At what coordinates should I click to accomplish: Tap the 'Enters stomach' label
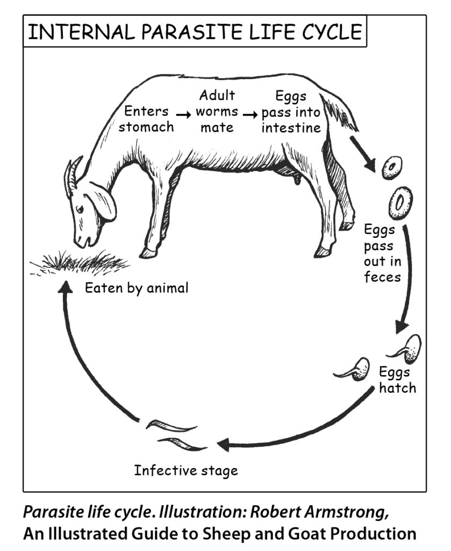146,119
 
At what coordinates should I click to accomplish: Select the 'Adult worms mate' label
217,112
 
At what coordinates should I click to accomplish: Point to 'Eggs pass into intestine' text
291,112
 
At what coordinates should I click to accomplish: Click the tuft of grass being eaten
81,263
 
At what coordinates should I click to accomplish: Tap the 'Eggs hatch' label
397,380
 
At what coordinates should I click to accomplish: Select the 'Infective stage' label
185,471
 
